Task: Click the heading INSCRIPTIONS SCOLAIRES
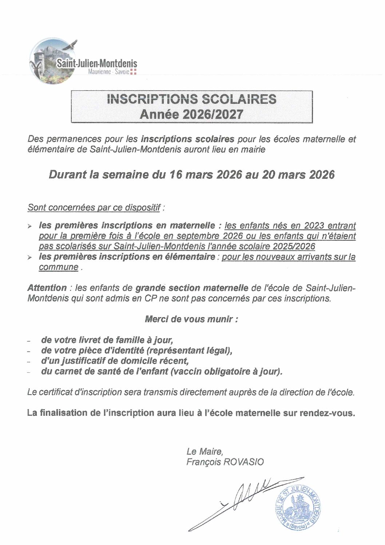click(x=192, y=99)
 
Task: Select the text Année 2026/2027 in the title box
click(x=192, y=114)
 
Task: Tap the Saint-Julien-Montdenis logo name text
click(x=96, y=64)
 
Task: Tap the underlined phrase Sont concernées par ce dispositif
click(x=94, y=208)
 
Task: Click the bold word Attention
click(x=47, y=288)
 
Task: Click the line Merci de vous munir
click(x=191, y=319)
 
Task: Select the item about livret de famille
click(x=107, y=340)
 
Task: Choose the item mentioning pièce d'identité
click(x=136, y=351)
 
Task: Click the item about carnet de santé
click(x=162, y=372)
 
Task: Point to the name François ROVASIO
click(x=225, y=462)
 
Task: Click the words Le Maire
click(x=204, y=451)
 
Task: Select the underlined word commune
click(x=59, y=267)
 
